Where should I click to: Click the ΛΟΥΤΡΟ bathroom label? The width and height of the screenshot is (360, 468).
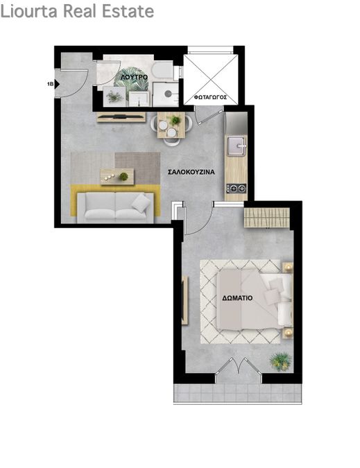[134, 77]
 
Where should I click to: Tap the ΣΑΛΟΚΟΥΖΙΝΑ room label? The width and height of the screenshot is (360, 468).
[191, 172]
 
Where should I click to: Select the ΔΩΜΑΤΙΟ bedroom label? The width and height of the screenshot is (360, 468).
[238, 298]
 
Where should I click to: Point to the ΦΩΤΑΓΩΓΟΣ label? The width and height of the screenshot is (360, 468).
[210, 97]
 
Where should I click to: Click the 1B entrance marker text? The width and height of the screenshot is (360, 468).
[50, 85]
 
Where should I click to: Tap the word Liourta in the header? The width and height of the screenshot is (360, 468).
[30, 11]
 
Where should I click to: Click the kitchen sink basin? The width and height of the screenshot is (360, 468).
[237, 146]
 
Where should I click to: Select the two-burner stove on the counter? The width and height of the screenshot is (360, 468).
[236, 189]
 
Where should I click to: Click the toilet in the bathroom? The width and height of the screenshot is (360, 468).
[162, 70]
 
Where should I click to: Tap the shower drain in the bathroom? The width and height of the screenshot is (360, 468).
[168, 94]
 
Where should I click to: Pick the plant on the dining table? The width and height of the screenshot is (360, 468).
[175, 120]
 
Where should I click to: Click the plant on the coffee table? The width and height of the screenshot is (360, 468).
[123, 176]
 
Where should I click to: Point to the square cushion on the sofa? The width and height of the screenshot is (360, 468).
[142, 203]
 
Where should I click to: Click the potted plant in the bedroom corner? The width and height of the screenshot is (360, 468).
[280, 362]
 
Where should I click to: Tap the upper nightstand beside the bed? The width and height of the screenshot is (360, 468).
[288, 268]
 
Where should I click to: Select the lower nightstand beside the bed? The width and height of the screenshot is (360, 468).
[288, 333]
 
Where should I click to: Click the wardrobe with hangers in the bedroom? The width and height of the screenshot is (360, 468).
[267, 218]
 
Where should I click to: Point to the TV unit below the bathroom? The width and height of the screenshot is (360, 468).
[121, 117]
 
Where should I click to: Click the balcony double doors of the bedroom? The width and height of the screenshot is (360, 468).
[239, 365]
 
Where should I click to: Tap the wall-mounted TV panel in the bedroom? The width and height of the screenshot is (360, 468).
[185, 300]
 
